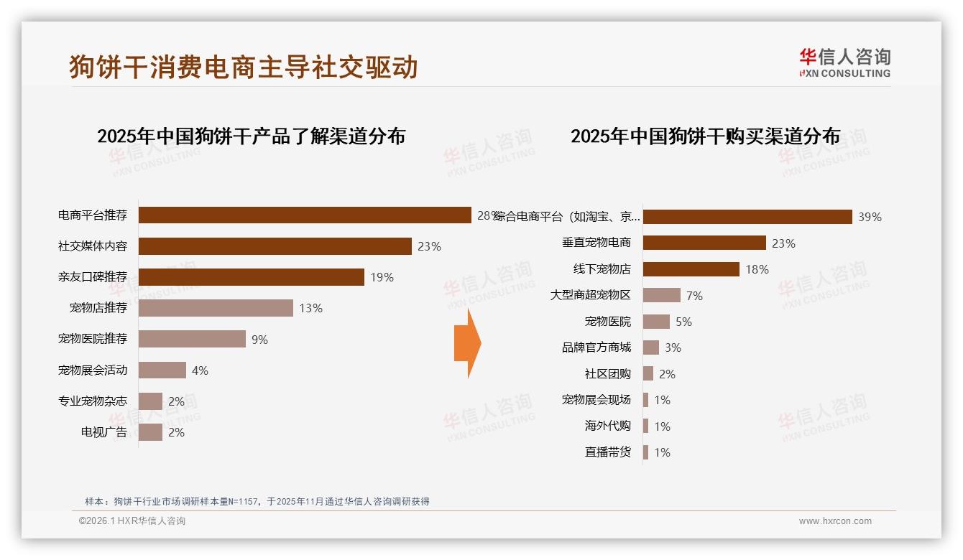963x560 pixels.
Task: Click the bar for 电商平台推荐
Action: coord(305,215)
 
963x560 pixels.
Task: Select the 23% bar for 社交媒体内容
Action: coord(275,246)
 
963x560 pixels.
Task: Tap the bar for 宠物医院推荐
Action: coord(192,339)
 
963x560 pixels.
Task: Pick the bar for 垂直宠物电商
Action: coord(704,243)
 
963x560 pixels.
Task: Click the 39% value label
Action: coord(870,217)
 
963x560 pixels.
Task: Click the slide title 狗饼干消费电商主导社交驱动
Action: coord(244,67)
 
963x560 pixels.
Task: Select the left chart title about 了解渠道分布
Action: coord(251,136)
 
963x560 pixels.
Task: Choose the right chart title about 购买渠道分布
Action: coord(705,136)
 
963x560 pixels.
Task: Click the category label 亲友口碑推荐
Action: coord(93,277)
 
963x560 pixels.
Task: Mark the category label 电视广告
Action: coord(104,432)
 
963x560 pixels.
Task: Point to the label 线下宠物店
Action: coord(602,269)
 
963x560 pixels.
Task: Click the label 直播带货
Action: coord(607,452)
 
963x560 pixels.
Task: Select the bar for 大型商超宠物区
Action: coord(661,295)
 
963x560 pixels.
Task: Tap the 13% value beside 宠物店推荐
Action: coord(310,308)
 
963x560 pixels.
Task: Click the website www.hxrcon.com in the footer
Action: coord(835,521)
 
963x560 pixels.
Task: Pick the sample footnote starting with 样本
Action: coord(257,501)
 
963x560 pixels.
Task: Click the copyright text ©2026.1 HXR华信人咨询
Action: coord(132,521)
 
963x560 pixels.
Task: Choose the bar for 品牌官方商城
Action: coord(650,347)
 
